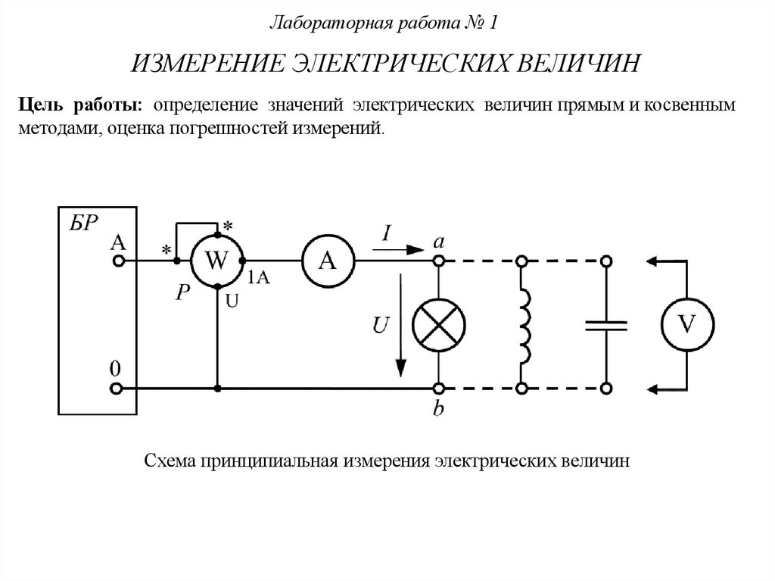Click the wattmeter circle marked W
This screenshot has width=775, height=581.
216,261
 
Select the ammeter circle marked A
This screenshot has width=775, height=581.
328,261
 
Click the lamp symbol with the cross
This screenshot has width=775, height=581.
438,324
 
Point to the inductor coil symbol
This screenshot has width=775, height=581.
524,324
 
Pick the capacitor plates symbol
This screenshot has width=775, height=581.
605,325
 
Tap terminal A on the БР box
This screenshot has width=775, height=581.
117,261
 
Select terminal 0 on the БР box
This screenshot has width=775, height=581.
117,389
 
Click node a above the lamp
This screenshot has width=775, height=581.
438,261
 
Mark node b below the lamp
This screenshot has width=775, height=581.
438,389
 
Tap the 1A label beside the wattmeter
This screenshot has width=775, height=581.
258,277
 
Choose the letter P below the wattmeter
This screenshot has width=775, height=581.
182,294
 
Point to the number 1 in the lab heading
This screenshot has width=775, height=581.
493,23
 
